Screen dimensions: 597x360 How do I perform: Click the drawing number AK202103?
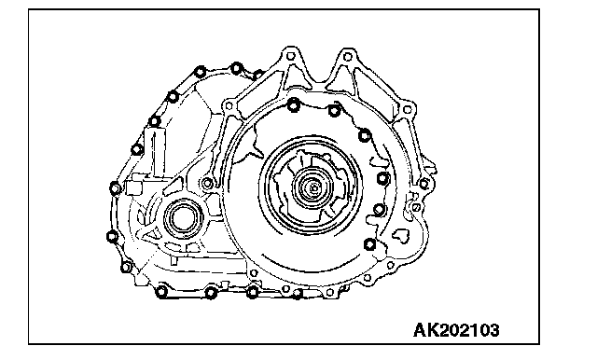(456, 330)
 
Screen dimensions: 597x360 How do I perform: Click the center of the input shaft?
(313, 187)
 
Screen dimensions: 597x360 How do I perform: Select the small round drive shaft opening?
(183, 219)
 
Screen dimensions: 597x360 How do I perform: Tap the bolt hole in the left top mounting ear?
(290, 56)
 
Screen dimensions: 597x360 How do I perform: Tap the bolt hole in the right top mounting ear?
(347, 57)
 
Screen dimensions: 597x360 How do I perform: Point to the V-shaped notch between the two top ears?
(319, 78)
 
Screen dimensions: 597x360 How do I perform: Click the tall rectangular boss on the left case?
(155, 151)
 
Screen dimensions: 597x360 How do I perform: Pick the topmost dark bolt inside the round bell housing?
(294, 104)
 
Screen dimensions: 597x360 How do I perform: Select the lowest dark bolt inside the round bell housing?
(369, 244)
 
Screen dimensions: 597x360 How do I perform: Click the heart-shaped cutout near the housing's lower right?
(401, 235)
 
